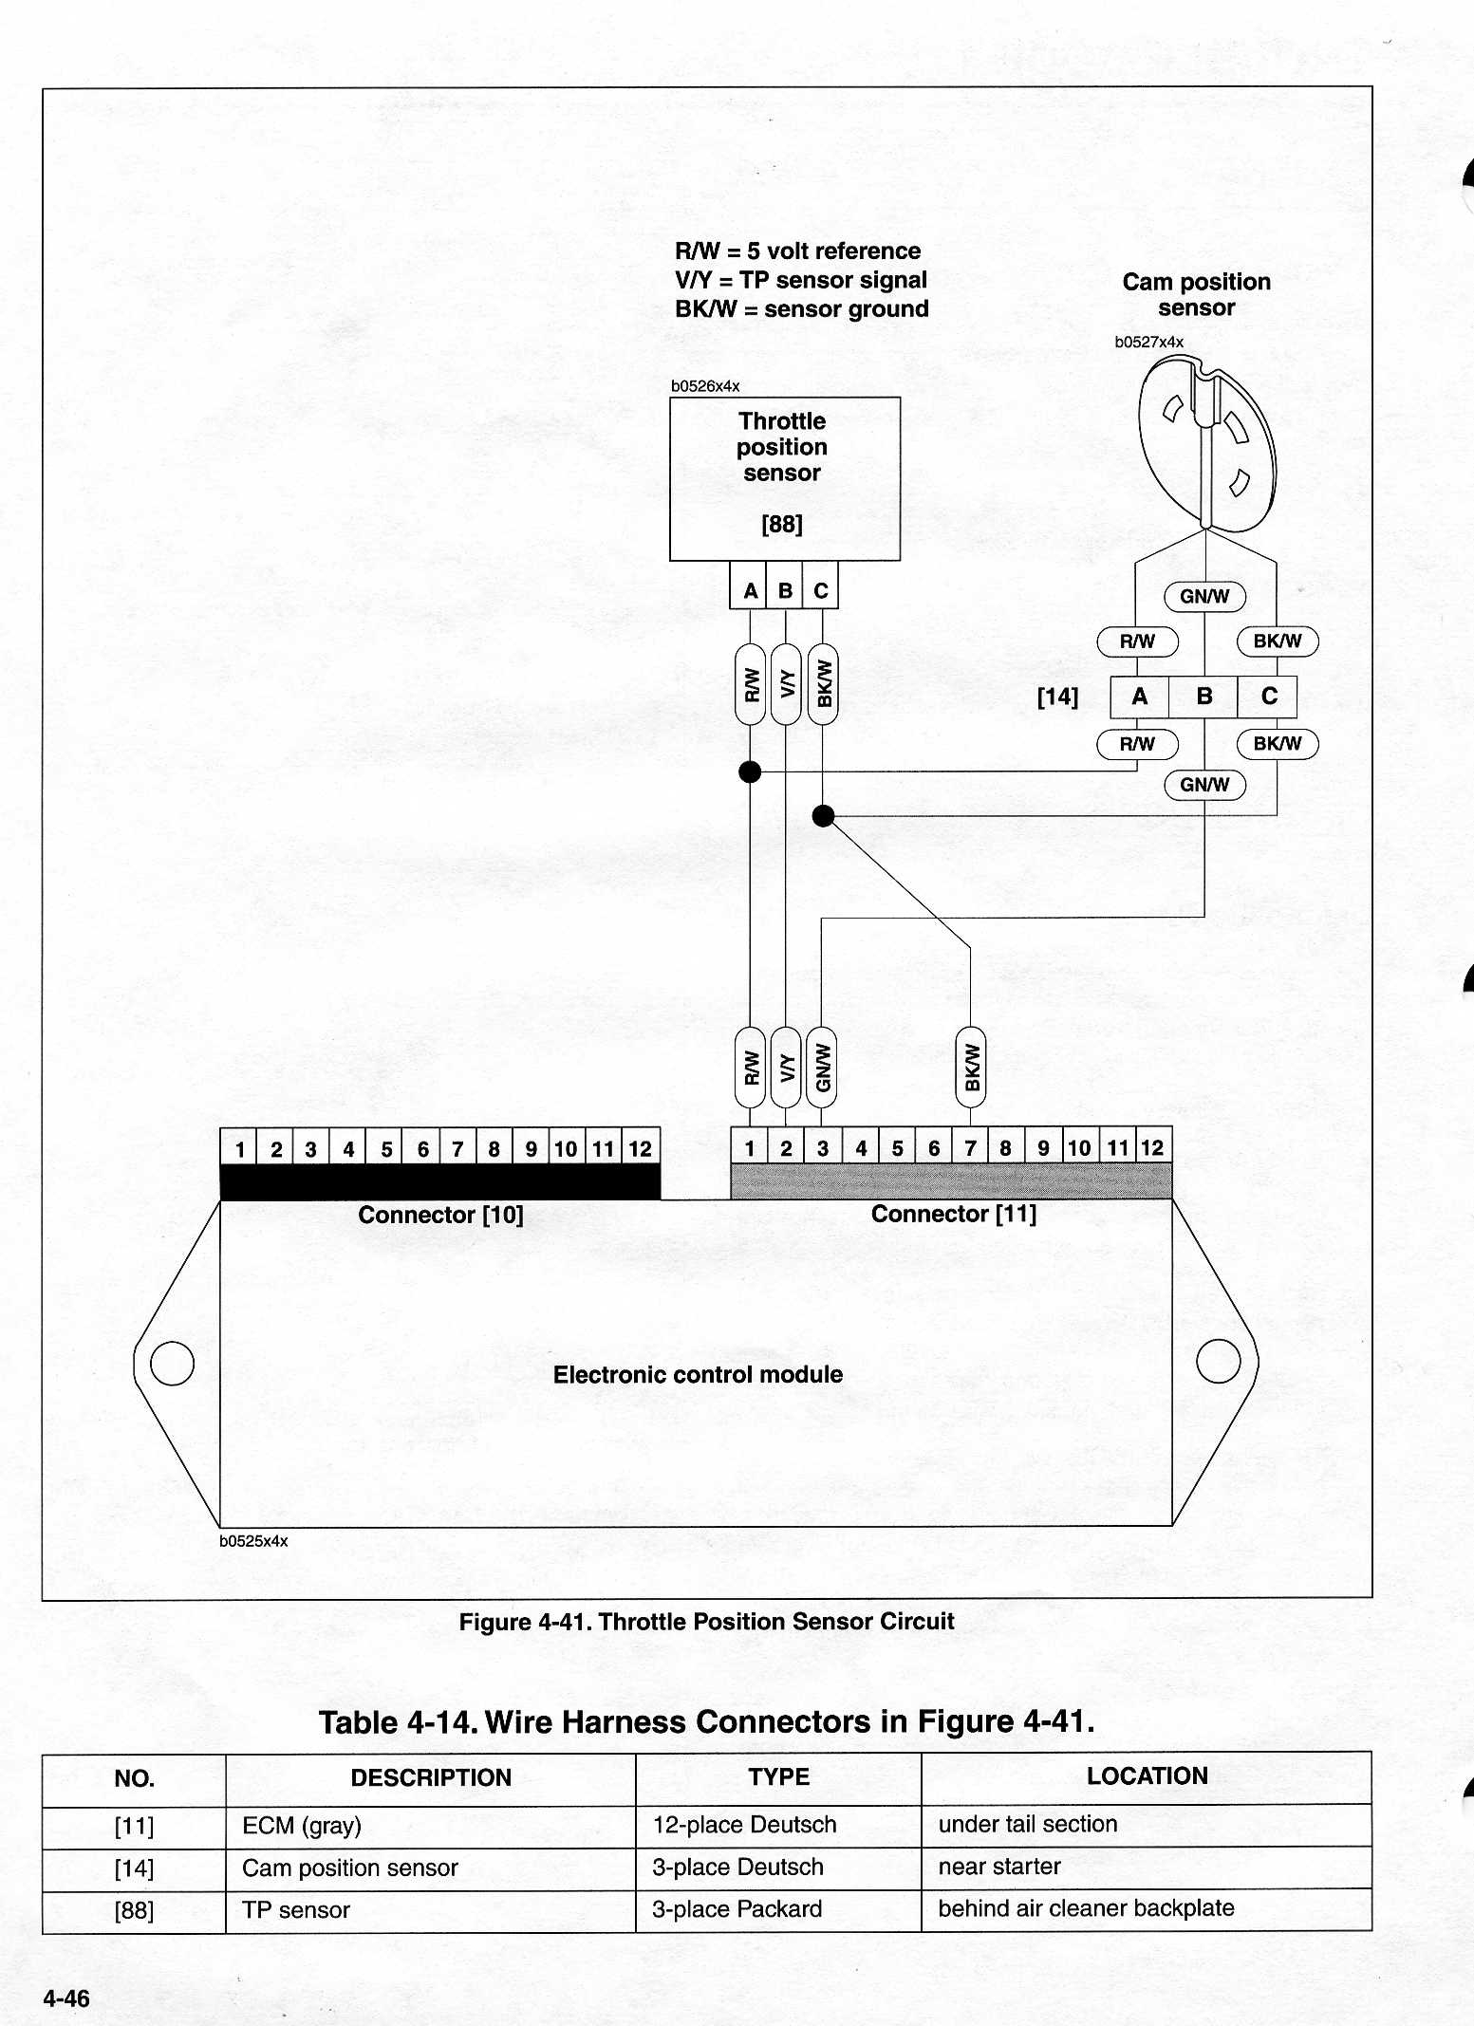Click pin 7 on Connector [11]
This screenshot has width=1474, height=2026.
[970, 1147]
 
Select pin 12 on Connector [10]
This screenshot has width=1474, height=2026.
[641, 1148]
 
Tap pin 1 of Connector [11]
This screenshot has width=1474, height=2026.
[750, 1147]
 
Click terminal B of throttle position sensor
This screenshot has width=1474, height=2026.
[785, 590]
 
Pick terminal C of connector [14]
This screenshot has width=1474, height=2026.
[1268, 697]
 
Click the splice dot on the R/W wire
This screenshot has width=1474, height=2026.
[750, 772]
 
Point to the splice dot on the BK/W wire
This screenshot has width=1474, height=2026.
[823, 815]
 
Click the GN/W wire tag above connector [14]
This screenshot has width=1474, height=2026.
[1204, 596]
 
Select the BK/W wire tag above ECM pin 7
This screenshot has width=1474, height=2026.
[971, 1067]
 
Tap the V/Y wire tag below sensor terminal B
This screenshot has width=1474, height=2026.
[786, 684]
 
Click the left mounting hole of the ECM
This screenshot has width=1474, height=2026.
[172, 1364]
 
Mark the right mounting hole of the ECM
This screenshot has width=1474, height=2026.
[1219, 1361]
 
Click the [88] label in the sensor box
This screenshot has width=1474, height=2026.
[782, 524]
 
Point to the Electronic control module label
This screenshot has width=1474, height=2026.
[698, 1374]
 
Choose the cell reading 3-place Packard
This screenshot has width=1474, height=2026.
[737, 1908]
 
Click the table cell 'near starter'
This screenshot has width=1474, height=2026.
[999, 1866]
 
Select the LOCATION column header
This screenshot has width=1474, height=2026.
[1147, 1776]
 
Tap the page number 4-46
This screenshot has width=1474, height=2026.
[66, 1998]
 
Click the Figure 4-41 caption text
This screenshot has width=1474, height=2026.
[706, 1621]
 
